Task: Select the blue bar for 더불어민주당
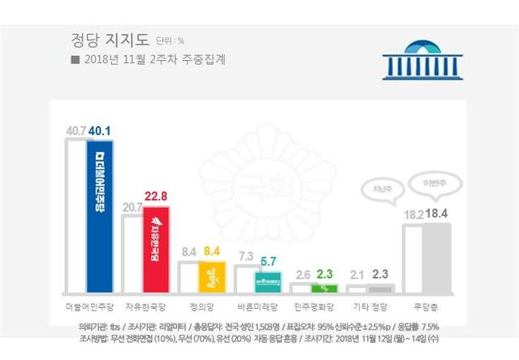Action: pyautogui.click(x=100, y=215)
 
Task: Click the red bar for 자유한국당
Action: pyautogui.click(x=155, y=252)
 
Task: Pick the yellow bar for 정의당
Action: pyautogui.click(x=211, y=276)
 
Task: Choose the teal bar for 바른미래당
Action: pyautogui.click(x=267, y=282)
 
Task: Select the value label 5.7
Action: pyautogui.click(x=269, y=262)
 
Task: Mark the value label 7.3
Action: pyautogui.click(x=244, y=257)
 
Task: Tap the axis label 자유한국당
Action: pyautogui.click(x=145, y=310)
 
